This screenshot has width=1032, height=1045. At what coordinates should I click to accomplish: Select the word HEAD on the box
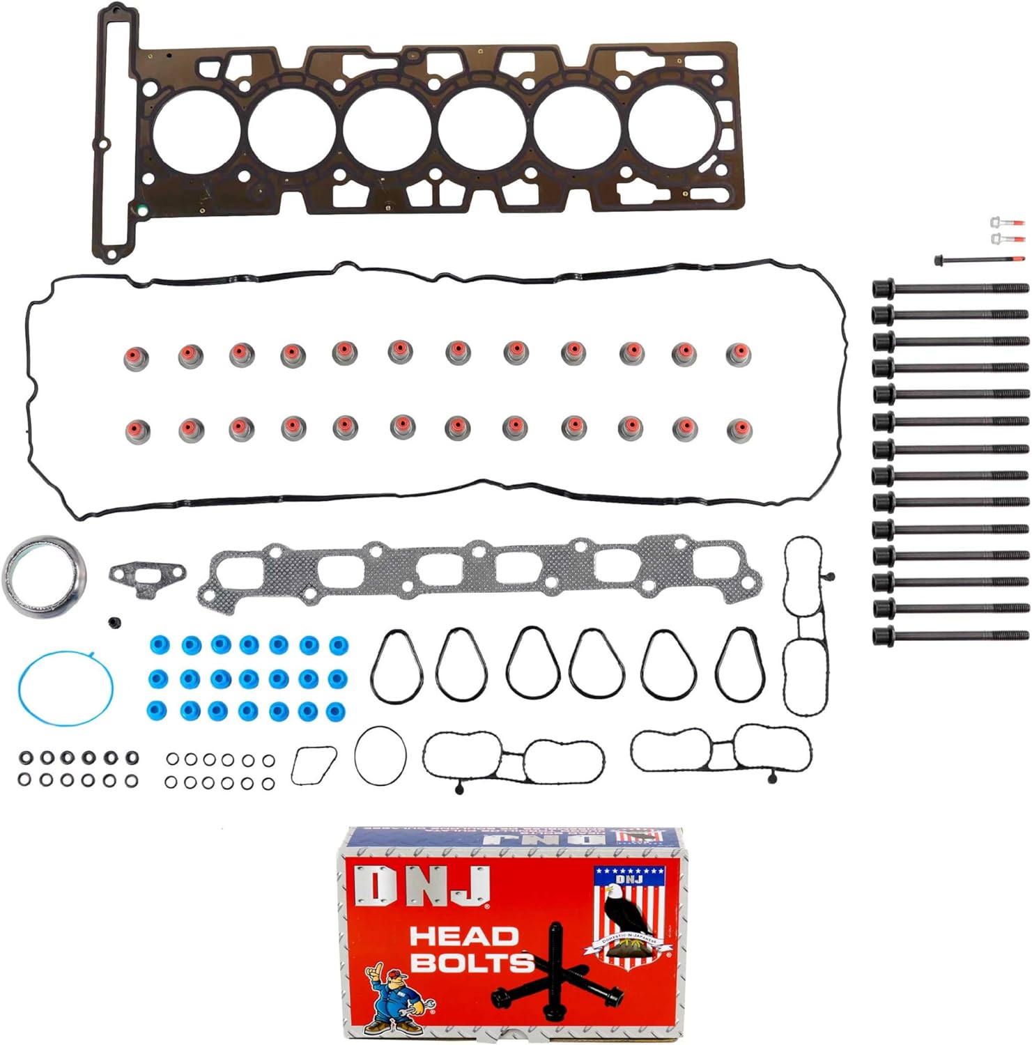click(463, 936)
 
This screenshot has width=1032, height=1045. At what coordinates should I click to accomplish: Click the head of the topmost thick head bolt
click(884, 288)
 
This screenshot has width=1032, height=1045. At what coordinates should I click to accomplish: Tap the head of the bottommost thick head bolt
click(884, 635)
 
